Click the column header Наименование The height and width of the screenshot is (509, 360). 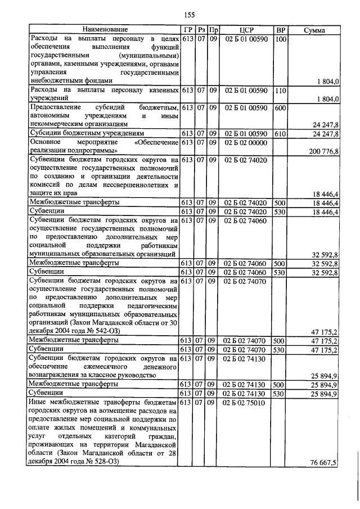click(105, 29)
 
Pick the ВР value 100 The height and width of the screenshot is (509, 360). click(281, 39)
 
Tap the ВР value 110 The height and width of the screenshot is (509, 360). click(281, 90)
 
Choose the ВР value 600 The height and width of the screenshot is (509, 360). click(281, 107)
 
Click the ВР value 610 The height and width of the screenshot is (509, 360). click(281, 133)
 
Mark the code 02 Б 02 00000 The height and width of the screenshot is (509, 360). click(246, 143)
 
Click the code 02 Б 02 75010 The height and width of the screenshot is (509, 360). click(246, 403)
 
